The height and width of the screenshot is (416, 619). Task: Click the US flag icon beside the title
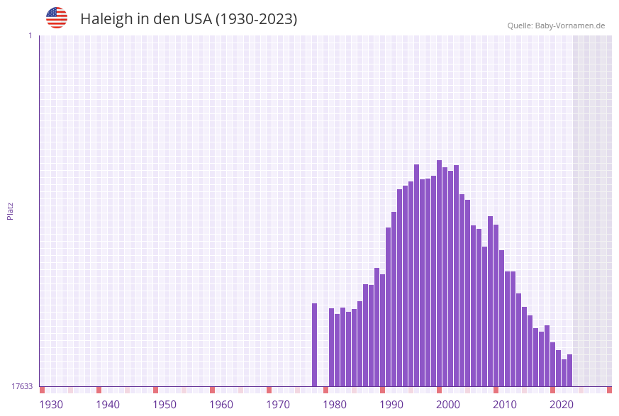tap(57, 18)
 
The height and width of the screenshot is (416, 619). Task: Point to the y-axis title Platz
tap(10, 210)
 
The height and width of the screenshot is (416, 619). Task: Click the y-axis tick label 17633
tap(22, 386)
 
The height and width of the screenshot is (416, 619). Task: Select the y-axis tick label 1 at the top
tap(30, 35)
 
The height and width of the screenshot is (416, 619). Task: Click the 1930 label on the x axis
tap(51, 405)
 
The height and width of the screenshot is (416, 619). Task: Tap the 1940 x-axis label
tap(108, 405)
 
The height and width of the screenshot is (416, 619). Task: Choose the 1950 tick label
tap(164, 405)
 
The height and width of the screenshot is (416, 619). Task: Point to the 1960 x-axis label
tap(221, 405)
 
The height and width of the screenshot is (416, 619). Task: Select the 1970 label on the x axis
tap(278, 405)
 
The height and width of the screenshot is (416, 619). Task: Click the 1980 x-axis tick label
tap(335, 405)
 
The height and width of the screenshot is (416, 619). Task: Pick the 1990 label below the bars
tap(391, 405)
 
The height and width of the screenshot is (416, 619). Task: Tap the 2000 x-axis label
tap(448, 405)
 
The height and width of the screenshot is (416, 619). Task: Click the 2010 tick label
tap(505, 405)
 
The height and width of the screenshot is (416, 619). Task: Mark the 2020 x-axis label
tap(562, 405)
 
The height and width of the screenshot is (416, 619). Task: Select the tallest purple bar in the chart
tap(439, 274)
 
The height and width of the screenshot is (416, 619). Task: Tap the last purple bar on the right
tap(569, 370)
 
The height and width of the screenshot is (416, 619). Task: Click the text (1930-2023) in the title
tap(256, 19)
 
